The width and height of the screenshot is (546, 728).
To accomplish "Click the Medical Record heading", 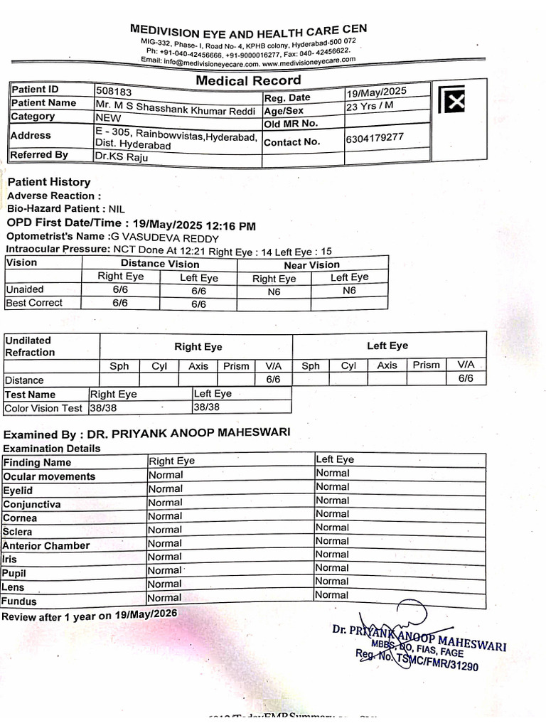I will coord(248,80).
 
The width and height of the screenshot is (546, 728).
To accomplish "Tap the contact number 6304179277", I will coord(375,137).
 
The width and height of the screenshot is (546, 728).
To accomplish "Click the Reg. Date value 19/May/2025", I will coord(376,92).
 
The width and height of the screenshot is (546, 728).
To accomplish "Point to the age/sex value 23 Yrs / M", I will coord(370,107).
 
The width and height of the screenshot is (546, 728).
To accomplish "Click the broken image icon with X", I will coord(451,101).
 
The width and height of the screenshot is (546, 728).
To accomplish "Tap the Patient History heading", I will coord(49,182).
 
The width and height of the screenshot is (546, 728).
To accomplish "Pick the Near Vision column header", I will coord(311,264).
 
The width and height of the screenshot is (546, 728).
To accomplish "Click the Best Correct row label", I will coord(34,303).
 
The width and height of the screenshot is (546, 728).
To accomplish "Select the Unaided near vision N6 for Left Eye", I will coord(349,291).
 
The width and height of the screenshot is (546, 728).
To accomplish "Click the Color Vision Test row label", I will coord(43,408).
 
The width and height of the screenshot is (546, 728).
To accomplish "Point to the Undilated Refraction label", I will coord(30,346).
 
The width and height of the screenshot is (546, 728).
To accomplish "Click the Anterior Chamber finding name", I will coord(46,546).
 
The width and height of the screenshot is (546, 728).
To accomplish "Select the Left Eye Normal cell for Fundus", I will coord(332,594).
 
